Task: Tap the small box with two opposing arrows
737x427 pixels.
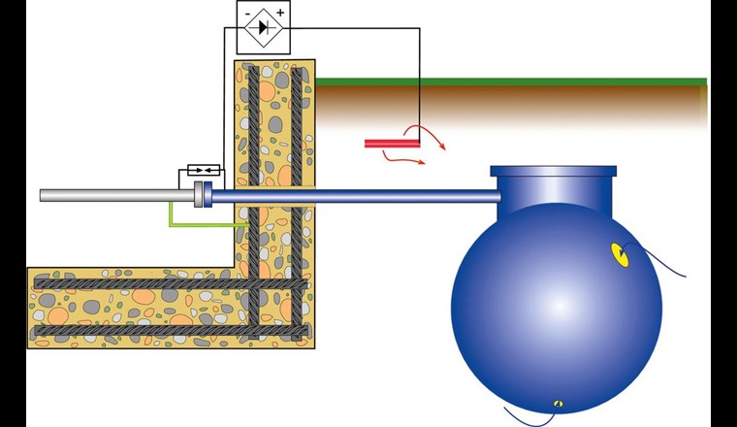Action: coord(199,175)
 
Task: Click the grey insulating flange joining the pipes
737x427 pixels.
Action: coord(201,194)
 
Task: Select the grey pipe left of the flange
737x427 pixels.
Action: coord(116,195)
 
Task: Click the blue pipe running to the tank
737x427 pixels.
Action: coord(359,195)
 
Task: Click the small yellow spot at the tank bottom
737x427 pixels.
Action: coord(557,402)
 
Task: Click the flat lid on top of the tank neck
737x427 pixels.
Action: coord(554,172)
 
